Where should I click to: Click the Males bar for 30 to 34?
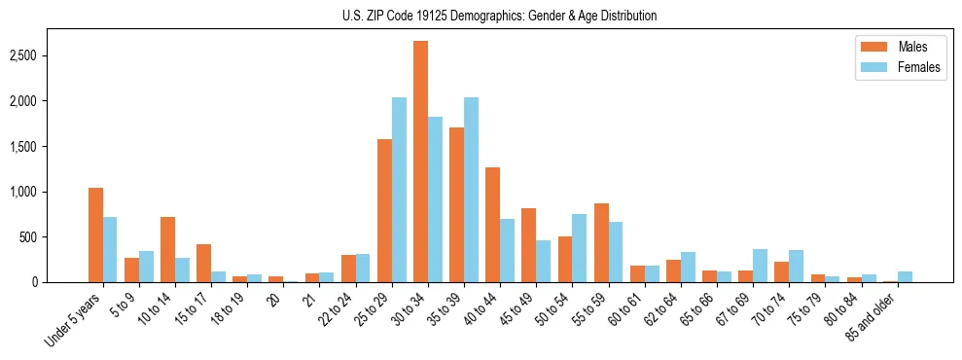click(420, 162)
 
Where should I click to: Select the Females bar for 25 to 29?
click(399, 190)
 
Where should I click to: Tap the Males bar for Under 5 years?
click(95, 234)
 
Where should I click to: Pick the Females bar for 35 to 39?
click(471, 190)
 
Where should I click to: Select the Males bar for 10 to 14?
click(167, 249)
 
